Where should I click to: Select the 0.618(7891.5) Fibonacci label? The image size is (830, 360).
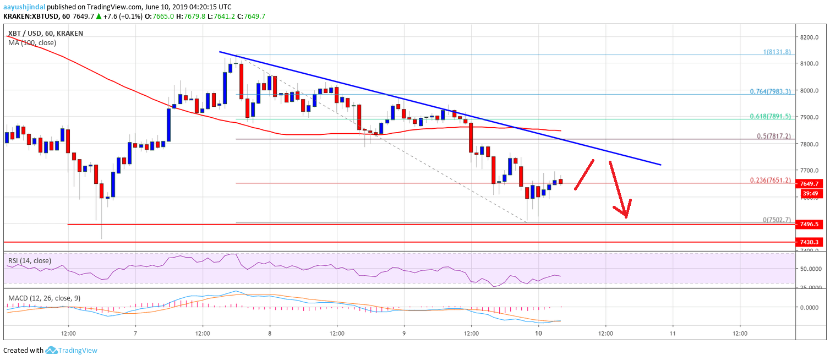(x=770, y=117)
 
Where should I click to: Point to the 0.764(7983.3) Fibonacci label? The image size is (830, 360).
(x=770, y=91)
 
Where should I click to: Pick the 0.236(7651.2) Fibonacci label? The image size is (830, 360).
(x=770, y=180)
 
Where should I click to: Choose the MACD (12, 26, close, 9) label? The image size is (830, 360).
(x=44, y=298)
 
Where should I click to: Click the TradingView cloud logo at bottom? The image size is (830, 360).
(x=52, y=350)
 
